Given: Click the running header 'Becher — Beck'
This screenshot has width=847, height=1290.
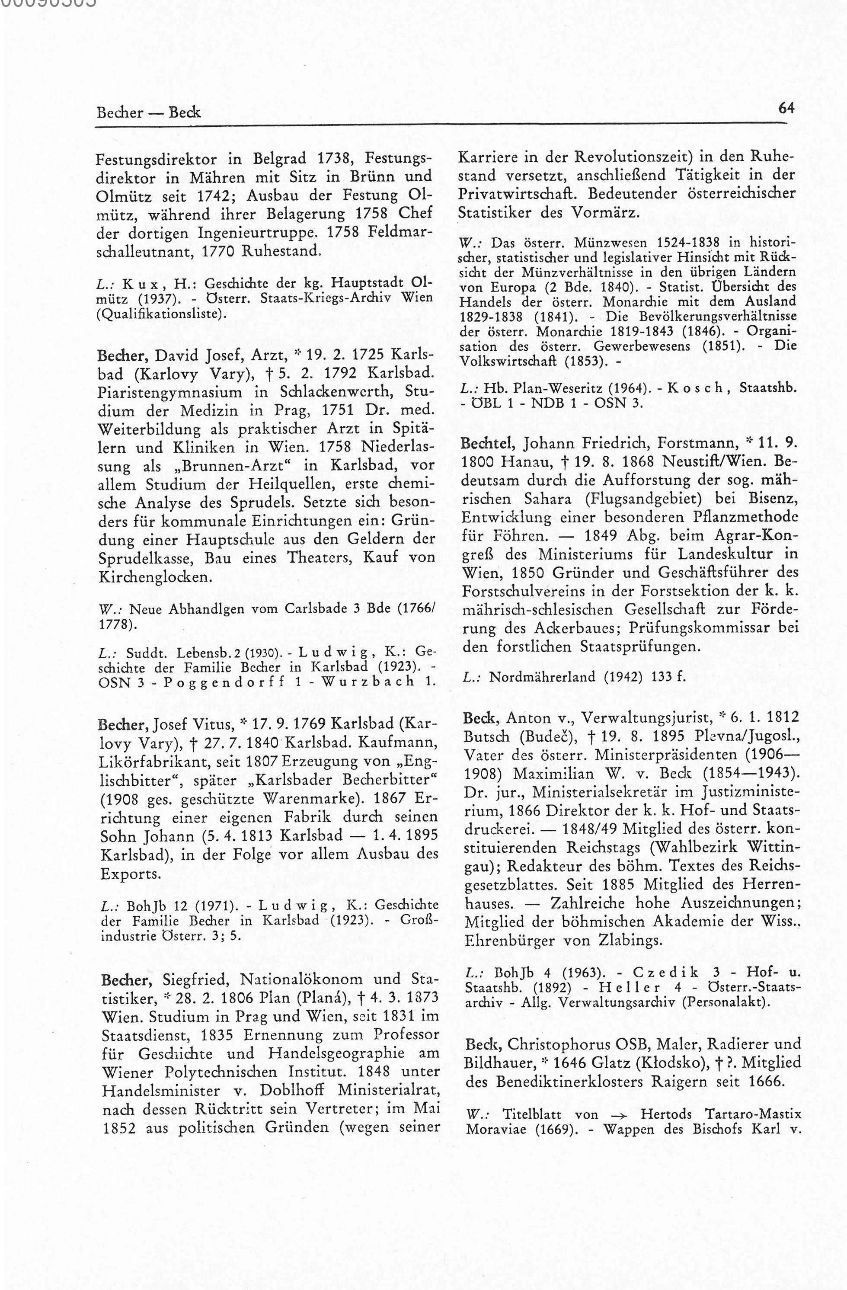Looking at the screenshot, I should tap(148, 113).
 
